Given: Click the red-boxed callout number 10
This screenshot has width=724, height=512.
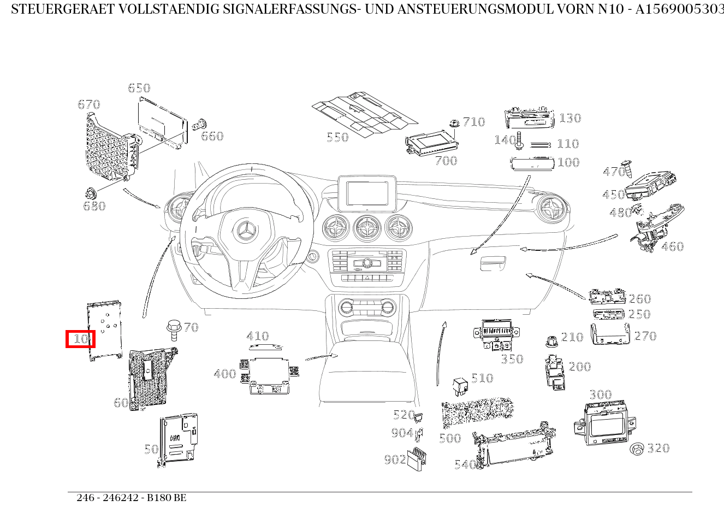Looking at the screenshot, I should (80, 339).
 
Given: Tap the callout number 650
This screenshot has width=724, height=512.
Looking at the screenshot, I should (139, 88).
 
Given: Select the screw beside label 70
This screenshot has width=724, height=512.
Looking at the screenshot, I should (173, 330).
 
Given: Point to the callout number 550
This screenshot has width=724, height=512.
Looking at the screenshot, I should (337, 137).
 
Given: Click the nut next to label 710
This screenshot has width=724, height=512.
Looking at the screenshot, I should (454, 123).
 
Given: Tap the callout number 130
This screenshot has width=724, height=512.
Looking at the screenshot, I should (569, 118).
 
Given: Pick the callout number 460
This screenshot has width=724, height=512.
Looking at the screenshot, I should (672, 246).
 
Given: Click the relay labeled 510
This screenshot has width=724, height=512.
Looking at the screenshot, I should (460, 385).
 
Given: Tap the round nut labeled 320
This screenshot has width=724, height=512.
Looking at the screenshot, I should (637, 449).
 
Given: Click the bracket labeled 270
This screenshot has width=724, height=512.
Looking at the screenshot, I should (610, 334).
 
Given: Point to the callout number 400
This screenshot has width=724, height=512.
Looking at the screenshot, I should (224, 374).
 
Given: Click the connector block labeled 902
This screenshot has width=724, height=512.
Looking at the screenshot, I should (417, 457).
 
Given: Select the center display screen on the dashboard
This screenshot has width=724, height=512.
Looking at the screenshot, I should (366, 193).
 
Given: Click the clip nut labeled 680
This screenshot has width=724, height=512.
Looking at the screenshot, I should (91, 193).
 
